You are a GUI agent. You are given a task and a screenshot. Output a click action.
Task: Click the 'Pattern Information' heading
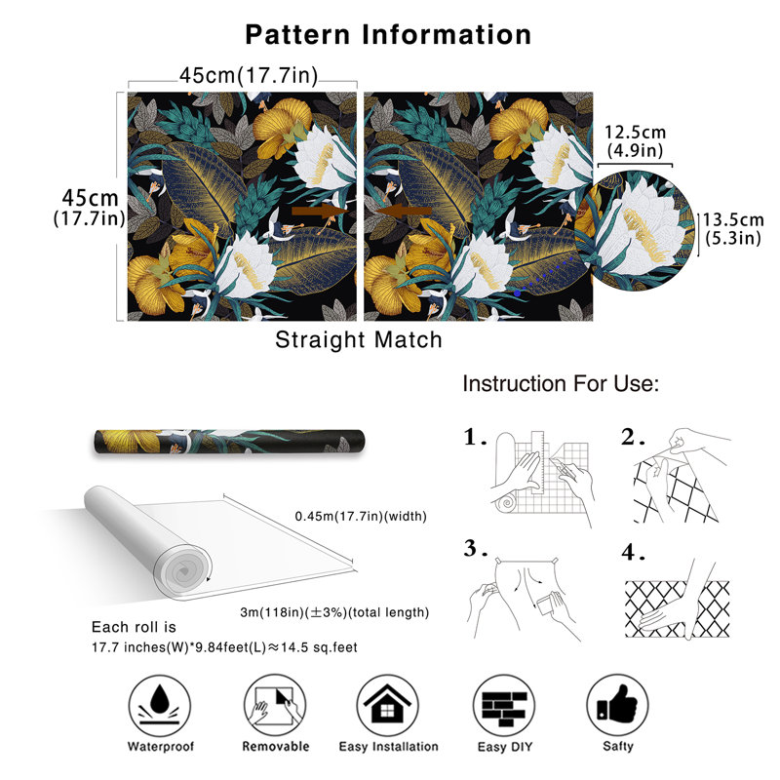(x=388, y=35)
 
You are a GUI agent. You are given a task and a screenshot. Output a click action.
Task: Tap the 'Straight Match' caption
(x=359, y=340)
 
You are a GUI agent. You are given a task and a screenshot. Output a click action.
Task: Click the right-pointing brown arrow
(x=320, y=211)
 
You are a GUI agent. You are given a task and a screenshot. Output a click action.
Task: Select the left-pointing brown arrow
(x=404, y=211)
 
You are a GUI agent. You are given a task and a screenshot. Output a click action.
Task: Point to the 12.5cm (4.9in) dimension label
(x=636, y=140)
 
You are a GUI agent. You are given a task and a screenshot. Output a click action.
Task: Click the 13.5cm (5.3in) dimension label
(x=733, y=229)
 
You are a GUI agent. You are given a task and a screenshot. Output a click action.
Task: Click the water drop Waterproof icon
(x=160, y=705)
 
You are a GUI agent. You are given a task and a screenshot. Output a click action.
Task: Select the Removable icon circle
(x=275, y=705)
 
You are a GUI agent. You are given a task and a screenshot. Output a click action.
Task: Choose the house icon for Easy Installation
(x=387, y=705)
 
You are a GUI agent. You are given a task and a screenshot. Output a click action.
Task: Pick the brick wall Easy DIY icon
(x=504, y=705)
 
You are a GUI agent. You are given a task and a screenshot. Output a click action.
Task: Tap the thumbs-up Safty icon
(x=617, y=705)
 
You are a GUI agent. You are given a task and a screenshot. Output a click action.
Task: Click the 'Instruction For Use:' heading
(x=561, y=384)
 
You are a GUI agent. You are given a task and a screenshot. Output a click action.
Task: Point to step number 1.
(x=475, y=437)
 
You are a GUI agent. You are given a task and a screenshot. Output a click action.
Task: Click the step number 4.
(x=633, y=552)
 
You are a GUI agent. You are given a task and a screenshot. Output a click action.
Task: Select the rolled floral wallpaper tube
(x=229, y=442)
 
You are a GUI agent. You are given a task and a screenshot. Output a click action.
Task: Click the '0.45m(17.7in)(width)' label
(x=361, y=517)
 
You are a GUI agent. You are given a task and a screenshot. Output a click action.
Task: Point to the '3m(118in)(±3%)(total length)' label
(x=334, y=612)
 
